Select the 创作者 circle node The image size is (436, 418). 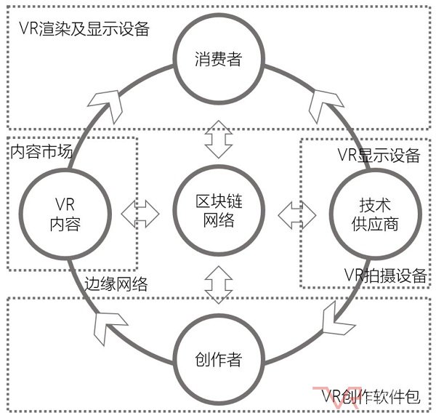pos(217,359)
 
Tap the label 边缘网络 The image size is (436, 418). pos(116,284)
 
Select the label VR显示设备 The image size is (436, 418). pos(379,155)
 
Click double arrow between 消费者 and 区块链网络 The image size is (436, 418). pos(217,138)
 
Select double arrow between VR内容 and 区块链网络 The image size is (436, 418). pos(140,212)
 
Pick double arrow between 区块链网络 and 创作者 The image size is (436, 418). pos(217,284)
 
